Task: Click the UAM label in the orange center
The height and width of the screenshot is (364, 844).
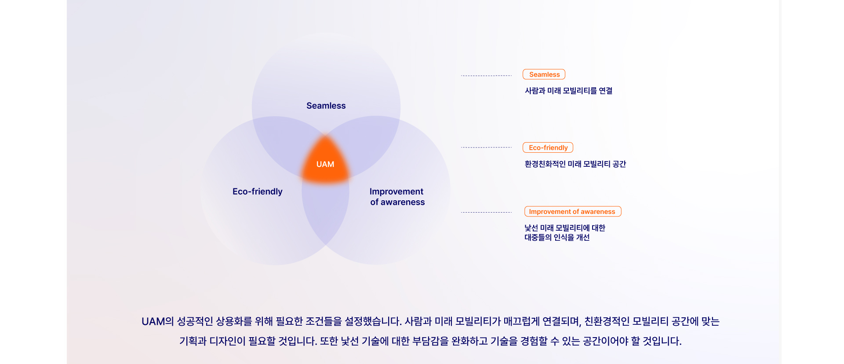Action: click(x=325, y=164)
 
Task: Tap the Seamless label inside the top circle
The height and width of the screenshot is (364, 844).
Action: click(x=326, y=106)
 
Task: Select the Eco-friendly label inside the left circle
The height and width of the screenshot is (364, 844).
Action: click(x=258, y=191)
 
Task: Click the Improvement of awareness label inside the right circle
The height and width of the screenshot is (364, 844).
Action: click(x=397, y=197)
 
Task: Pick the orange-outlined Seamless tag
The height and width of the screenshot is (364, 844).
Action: click(x=544, y=74)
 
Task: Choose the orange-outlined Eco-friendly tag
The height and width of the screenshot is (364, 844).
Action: click(x=548, y=147)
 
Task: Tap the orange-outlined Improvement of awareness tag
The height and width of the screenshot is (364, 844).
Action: click(x=573, y=211)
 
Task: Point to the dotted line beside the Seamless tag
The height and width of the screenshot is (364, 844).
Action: click(x=486, y=76)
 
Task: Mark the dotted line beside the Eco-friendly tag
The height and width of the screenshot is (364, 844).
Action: click(x=486, y=147)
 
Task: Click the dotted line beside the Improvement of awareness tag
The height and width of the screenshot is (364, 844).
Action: click(x=486, y=212)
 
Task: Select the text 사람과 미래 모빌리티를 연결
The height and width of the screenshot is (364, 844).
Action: click(x=569, y=91)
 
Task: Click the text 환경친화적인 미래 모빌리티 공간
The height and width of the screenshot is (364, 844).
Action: click(x=575, y=164)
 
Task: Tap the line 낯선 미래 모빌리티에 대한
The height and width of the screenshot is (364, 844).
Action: click(x=565, y=228)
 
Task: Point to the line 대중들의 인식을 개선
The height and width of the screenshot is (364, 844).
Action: click(x=557, y=238)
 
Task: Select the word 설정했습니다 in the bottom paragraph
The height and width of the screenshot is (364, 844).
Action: click(x=373, y=321)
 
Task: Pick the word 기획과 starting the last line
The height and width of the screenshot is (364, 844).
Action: click(x=193, y=341)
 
